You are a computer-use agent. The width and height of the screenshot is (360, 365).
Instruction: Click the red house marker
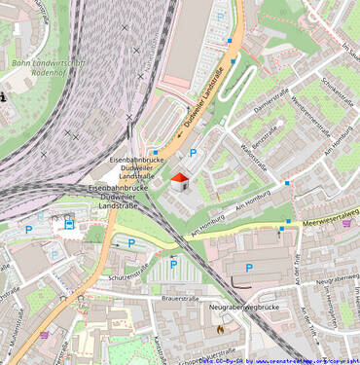179,181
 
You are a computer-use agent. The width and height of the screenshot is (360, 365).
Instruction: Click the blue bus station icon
69,224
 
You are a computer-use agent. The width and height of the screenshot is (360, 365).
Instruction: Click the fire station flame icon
220,329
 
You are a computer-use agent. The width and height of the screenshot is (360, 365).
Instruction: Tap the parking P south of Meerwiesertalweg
248,268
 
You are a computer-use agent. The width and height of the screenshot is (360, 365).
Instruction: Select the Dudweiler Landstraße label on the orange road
205,97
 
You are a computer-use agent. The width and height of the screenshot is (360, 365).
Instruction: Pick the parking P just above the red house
193,153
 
